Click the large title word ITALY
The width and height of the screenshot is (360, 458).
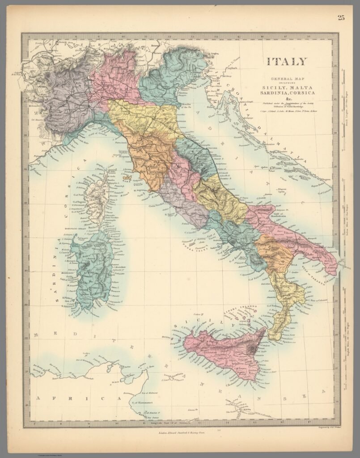point(287,61)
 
